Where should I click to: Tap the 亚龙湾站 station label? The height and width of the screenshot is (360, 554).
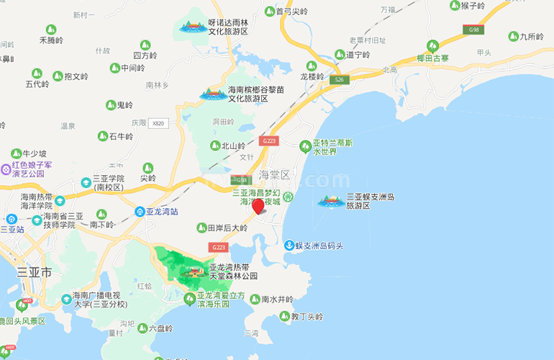pyautogui.click(x=162, y=212)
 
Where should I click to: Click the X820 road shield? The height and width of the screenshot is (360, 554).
pyautogui.click(x=158, y=123)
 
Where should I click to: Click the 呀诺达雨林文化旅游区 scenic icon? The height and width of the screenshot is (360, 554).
pyautogui.click(x=192, y=27)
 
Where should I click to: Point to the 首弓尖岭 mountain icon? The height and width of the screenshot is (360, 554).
pyautogui.click(x=270, y=12)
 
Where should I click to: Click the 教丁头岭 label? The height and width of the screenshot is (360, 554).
pyautogui.click(x=306, y=316)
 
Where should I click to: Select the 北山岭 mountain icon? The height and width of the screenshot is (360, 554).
pyautogui.click(x=214, y=145)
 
